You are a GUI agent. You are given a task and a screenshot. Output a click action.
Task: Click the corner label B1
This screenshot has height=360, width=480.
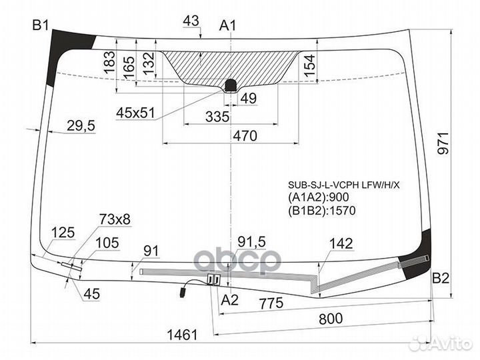pos(41,26)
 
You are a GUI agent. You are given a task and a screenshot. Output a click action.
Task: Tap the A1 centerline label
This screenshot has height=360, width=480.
pos(229,26)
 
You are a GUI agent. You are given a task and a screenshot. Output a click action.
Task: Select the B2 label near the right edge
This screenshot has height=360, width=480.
pos(440,278)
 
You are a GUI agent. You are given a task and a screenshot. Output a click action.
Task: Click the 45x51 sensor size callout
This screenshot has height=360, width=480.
pos(135,113)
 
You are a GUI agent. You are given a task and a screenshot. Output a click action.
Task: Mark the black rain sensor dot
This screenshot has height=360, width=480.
pos(231,84)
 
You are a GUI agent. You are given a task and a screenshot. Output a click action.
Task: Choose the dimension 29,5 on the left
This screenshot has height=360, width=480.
pos(81,125)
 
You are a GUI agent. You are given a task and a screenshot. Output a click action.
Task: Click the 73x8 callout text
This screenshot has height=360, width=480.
pos(115,219)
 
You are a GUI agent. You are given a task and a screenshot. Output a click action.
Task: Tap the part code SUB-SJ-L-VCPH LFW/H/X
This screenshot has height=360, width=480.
pos(343,184)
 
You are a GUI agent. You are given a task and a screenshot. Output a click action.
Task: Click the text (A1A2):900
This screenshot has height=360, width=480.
pos(319,197)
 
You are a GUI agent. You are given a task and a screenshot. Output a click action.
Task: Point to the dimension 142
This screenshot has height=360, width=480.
pos(341,244)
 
